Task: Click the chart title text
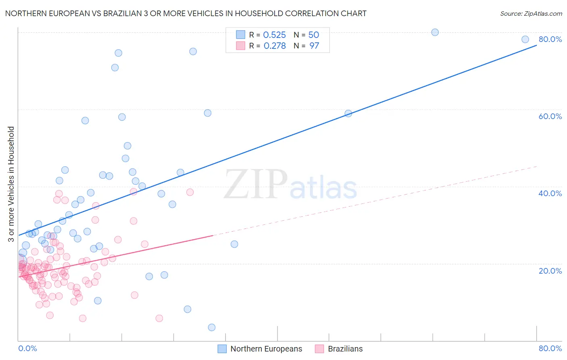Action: point(186,13)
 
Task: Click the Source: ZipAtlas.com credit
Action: point(531,13)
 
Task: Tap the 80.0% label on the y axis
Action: point(550,39)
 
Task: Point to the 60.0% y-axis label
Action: point(550,116)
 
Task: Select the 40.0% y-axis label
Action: point(550,193)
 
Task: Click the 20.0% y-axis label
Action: point(550,270)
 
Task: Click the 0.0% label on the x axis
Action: point(27,348)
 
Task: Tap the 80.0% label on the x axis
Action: point(550,348)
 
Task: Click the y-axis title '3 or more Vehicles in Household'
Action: point(11,184)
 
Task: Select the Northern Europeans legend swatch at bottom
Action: point(222,349)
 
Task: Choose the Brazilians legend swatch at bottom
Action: point(319,349)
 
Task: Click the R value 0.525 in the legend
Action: point(274,35)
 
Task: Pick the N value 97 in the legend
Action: point(314,46)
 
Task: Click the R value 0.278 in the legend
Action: point(274,46)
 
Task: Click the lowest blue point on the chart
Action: point(212,327)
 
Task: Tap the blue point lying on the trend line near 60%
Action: point(348,113)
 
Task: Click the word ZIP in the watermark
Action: point(256,185)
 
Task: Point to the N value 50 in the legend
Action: point(314,35)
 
